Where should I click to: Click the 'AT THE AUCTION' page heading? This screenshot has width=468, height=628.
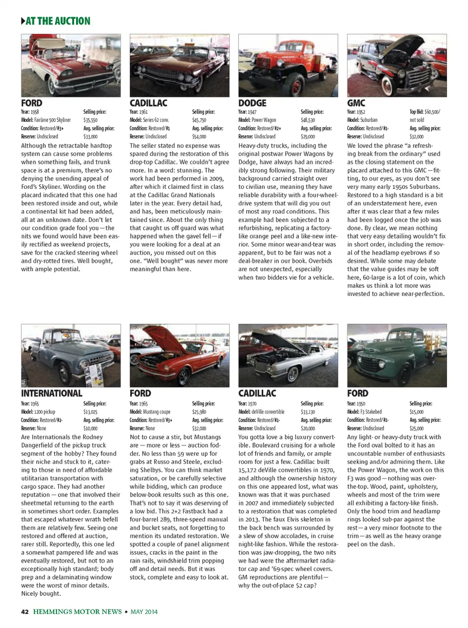pyautogui.click(x=58, y=21)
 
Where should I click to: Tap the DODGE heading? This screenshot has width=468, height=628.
pyautogui.click(x=252, y=103)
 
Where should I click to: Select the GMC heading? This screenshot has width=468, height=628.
pyautogui.click(x=356, y=103)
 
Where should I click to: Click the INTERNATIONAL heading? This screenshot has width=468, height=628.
pyautogui.click(x=52, y=393)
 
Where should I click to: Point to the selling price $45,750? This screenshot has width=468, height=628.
pyautogui.click(x=199, y=120)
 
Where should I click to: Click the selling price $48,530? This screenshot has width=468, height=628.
pyautogui.click(x=308, y=120)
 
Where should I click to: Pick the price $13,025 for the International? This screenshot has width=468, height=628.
pyautogui.click(x=90, y=412)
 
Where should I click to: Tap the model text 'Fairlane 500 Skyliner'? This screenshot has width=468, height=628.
pyautogui.click(x=52, y=120)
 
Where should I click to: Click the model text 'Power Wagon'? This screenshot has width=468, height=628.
pyautogui.click(x=264, y=120)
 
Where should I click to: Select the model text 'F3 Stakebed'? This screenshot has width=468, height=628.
pyautogui.click(x=371, y=412)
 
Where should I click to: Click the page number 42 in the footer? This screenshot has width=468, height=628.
pyautogui.click(x=25, y=612)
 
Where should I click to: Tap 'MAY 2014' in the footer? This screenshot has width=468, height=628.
pyautogui.click(x=144, y=612)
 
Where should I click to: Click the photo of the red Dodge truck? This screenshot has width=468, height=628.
pyautogui.click(x=288, y=66)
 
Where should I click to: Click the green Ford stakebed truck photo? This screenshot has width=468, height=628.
pyautogui.click(x=396, y=356)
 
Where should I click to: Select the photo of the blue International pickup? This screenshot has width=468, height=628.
pyautogui.click(x=71, y=356)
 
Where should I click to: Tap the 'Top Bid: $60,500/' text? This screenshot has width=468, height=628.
pyautogui.click(x=425, y=111)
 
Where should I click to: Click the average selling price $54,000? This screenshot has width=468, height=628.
pyautogui.click(x=199, y=137)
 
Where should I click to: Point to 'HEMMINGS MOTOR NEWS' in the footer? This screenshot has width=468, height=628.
pyautogui.click(x=78, y=612)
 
